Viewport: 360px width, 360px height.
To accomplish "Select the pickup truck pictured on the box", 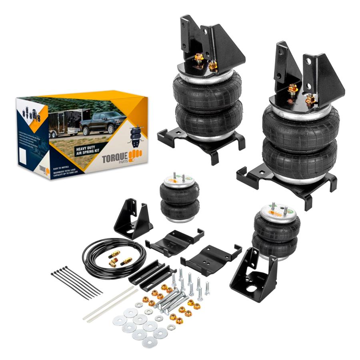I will pos(102,123).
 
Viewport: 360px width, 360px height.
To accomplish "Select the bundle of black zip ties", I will pos(76,282).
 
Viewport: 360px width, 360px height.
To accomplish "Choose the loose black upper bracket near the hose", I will pos(132,220).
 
